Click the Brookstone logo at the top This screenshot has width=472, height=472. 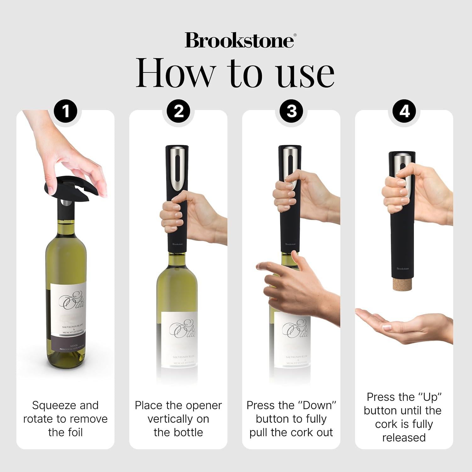[x=239, y=40]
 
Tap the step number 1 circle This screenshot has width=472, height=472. [x=66, y=112]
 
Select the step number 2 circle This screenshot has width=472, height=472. [x=179, y=112]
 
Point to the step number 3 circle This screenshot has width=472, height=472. [x=292, y=112]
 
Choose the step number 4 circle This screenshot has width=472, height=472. [x=404, y=112]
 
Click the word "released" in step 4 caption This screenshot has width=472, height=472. [x=404, y=437]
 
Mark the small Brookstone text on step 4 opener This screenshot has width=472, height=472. [x=402, y=268]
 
